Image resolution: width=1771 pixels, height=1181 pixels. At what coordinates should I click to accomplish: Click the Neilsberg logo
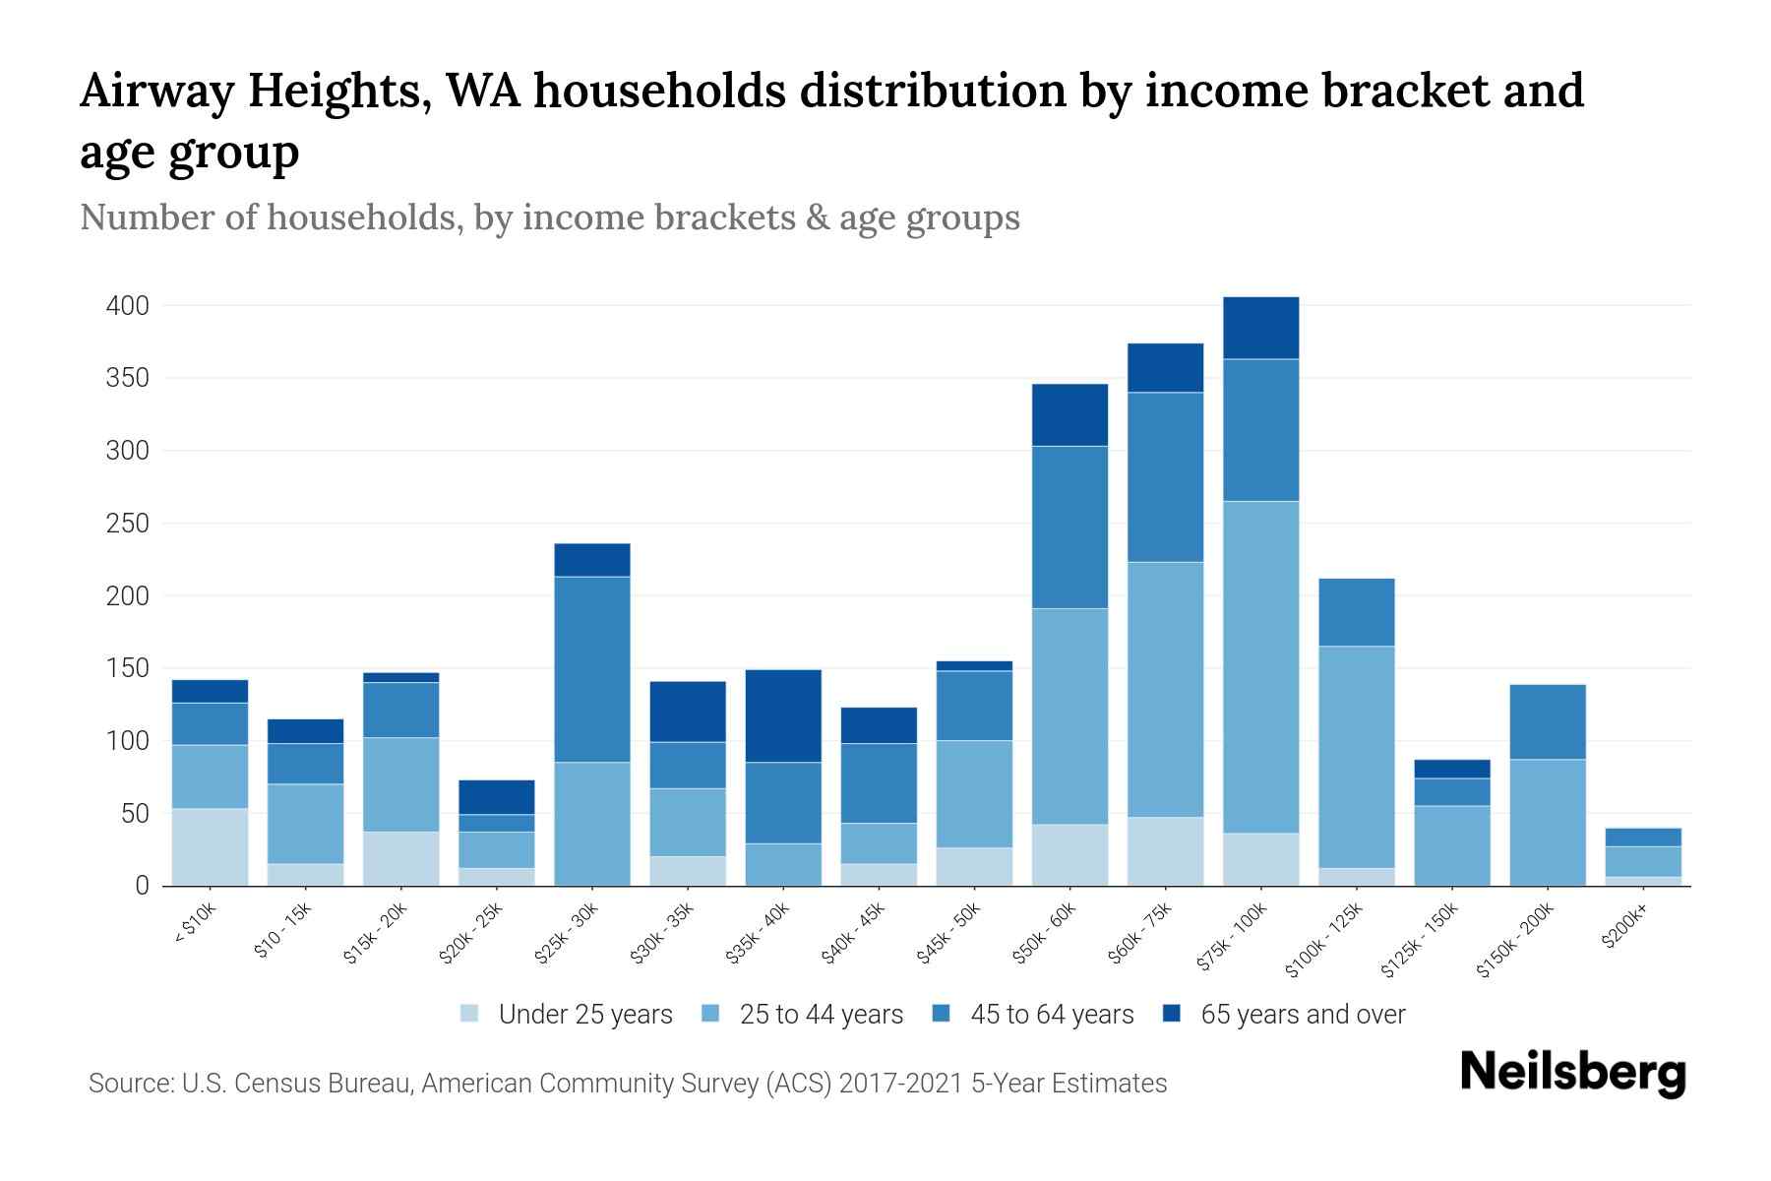click(x=1572, y=1072)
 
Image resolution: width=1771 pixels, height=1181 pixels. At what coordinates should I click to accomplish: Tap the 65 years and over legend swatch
click(x=1172, y=1014)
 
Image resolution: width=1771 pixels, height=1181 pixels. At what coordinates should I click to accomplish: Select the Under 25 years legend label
click(x=585, y=1015)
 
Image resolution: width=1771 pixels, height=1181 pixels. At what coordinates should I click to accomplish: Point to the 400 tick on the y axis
click(x=128, y=306)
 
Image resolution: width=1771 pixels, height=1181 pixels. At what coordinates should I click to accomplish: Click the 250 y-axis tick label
click(x=128, y=524)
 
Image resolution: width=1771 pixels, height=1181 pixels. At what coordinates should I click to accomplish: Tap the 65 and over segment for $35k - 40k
click(x=783, y=715)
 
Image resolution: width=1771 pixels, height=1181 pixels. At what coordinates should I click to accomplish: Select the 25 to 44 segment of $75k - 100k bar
click(x=1261, y=667)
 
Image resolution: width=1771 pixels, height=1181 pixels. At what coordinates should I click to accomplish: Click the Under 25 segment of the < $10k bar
click(x=210, y=846)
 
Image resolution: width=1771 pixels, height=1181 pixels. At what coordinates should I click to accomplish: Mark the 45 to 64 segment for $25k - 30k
click(x=592, y=669)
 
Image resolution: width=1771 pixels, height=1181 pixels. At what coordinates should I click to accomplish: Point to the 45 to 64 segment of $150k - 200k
click(x=1548, y=721)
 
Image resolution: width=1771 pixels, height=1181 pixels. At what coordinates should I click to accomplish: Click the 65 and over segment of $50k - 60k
click(x=1069, y=414)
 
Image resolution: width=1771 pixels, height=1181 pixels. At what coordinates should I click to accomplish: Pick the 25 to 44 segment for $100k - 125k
click(x=1357, y=757)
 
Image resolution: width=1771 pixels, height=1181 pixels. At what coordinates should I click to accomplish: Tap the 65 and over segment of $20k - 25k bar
click(x=497, y=797)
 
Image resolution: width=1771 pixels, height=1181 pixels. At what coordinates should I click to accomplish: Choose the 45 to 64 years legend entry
click(x=1033, y=1015)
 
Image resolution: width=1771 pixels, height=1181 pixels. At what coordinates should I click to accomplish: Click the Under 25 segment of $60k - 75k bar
click(x=1166, y=851)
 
